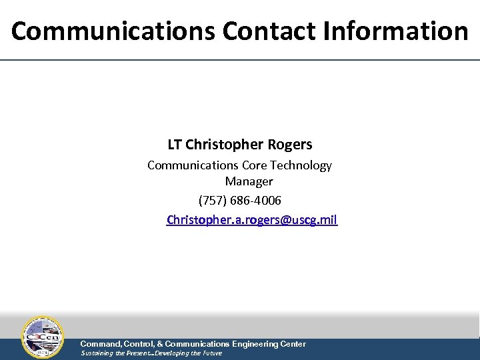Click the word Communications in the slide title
[113, 31]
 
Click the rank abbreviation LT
[175, 145]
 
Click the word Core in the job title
[255, 165]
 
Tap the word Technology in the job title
[301, 165]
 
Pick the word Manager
[249, 181]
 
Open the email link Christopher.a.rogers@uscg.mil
[252, 219]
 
